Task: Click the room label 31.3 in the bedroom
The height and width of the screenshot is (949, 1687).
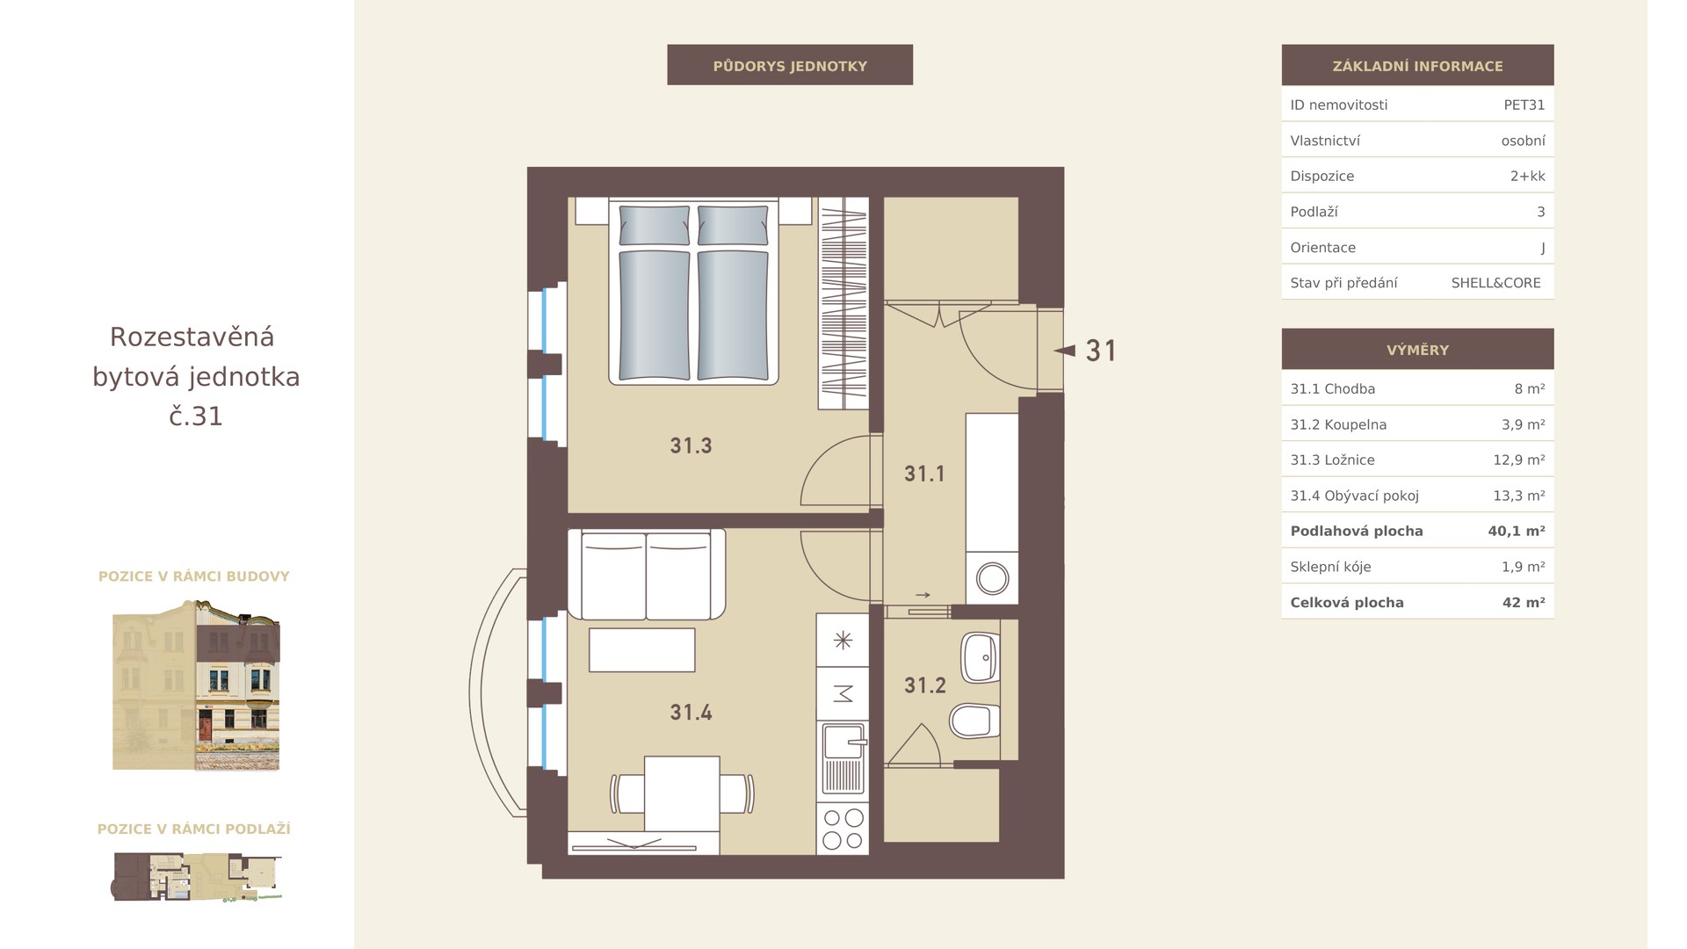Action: [x=691, y=446]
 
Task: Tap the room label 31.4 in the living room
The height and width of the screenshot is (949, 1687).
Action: [x=691, y=712]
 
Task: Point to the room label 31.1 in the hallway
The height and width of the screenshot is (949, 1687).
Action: [x=924, y=474]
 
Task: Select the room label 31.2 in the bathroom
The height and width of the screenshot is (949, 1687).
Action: [x=924, y=685]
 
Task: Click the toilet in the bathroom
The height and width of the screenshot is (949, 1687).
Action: [x=974, y=721]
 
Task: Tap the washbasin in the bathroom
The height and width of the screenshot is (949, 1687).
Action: [x=981, y=657]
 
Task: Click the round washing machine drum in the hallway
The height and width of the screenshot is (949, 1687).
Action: [x=992, y=578]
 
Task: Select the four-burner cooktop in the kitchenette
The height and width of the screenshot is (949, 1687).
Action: [x=843, y=829]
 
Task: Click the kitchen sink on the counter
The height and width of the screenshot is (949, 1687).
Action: [x=843, y=759]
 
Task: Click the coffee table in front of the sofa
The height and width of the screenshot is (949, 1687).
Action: [x=641, y=649]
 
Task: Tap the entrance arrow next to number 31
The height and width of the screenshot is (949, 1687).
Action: [x=1064, y=351]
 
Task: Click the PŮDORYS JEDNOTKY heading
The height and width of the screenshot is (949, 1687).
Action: [x=790, y=66]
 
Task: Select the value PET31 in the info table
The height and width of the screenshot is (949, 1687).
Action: [x=1524, y=105]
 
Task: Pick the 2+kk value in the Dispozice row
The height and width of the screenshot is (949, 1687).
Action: [x=1527, y=176]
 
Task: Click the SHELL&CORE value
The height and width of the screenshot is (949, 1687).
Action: [x=1495, y=283]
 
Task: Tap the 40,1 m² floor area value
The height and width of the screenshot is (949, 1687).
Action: [x=1517, y=531]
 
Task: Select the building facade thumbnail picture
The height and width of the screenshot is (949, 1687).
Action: [x=196, y=685]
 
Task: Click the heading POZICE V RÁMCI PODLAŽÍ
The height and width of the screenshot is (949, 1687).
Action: [x=193, y=829]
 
